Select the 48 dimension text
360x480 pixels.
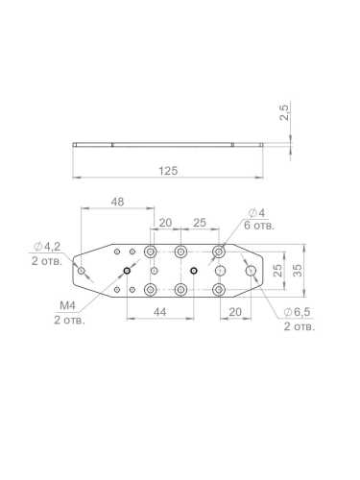pos(117,203)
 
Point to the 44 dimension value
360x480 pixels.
pos(159,312)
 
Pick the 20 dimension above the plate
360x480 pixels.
pos(165,223)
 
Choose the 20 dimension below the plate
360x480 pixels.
pos(234,312)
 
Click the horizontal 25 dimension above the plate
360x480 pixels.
pos(200,223)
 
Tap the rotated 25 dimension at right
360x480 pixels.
pos(278,271)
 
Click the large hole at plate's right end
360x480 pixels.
pos(251,271)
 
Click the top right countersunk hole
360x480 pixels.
pos(219,252)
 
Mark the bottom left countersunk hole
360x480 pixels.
pos(150,289)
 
